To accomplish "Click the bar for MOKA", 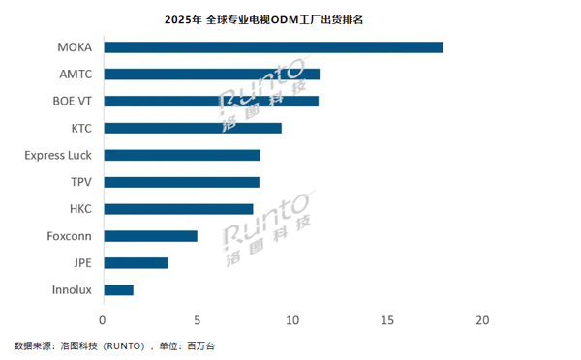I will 273,47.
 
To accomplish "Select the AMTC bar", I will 211,74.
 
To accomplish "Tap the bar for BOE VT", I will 210,101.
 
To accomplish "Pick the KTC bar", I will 192,128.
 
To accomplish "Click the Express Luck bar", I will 181,155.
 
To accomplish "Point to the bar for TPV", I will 181,182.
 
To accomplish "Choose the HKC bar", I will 178,208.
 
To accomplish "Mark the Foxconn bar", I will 150,235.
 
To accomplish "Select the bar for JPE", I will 136,262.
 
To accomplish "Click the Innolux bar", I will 118,289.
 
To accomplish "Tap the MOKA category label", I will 76,47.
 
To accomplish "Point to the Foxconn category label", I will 70,235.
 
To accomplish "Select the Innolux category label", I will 73,289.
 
